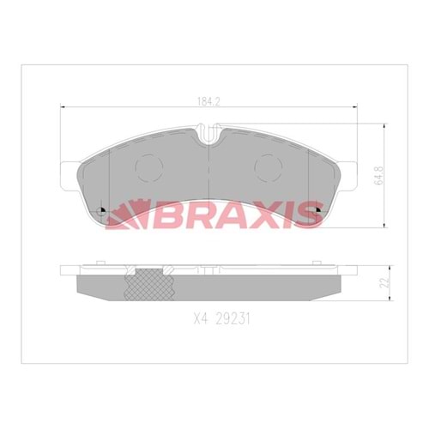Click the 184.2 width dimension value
click(208, 101)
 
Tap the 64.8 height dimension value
click(379, 176)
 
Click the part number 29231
click(233, 318)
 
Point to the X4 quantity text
click(201, 318)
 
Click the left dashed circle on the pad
click(149, 168)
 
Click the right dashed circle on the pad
click(269, 168)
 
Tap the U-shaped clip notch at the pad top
click(209, 133)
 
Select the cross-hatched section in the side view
click(150, 285)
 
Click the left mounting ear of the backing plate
click(69, 175)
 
